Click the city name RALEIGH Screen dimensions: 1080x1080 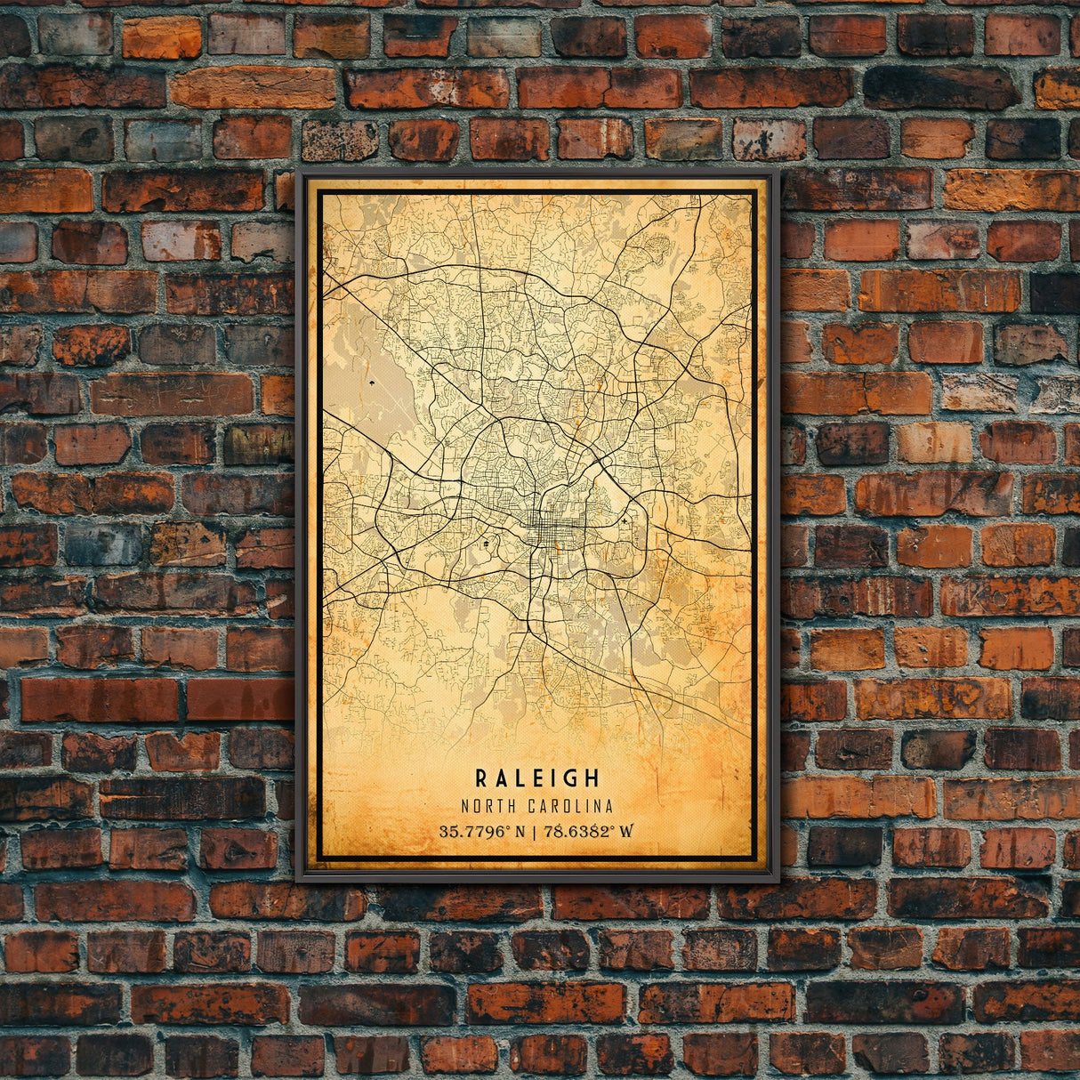[537, 778]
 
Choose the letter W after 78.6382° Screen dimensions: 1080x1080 [627, 832]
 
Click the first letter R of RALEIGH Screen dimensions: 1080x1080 [481, 778]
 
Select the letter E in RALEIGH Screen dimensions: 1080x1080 [533, 778]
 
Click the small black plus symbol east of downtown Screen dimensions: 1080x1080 [625, 520]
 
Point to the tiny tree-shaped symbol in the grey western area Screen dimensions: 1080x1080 [369, 383]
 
